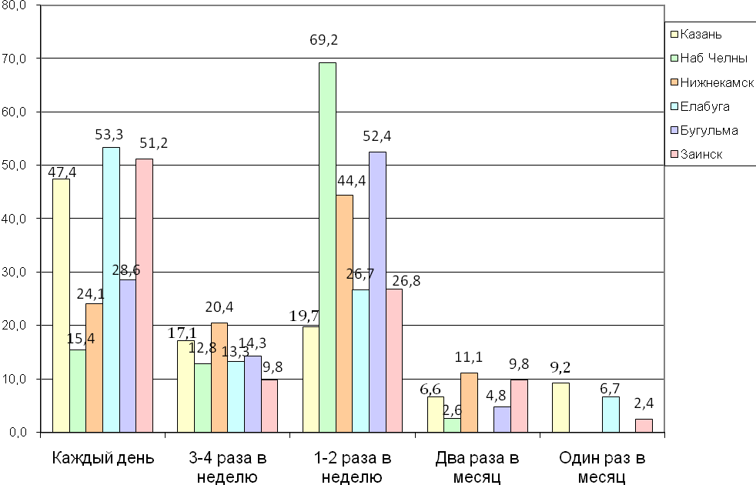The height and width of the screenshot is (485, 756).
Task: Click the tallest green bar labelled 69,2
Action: tap(327, 246)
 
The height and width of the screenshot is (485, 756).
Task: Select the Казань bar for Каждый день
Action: tap(61, 305)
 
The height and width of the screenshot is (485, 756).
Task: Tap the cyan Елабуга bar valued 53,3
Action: tap(111, 289)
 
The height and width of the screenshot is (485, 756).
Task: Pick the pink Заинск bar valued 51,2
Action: tap(145, 296)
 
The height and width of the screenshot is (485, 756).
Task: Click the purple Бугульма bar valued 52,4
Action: tap(377, 292)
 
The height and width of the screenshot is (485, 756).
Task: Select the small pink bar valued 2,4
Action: tap(643, 426)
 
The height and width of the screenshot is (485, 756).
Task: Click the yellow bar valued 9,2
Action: tap(560, 407)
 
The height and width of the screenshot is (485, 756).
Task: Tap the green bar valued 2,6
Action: tap(453, 425)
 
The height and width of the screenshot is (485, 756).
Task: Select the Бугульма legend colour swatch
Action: tap(673, 131)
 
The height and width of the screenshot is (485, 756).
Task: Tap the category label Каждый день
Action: tap(103, 459)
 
